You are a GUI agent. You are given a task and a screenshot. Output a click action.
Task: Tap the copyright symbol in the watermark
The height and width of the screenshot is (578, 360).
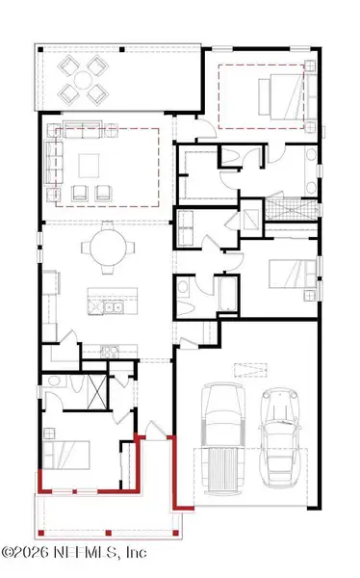(8, 554)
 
